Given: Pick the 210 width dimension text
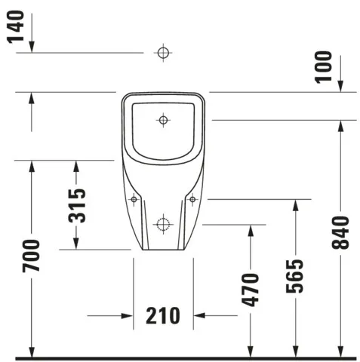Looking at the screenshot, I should (162, 315).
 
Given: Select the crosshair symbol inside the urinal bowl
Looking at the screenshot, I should (163, 119).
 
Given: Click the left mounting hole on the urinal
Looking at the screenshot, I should (134, 199).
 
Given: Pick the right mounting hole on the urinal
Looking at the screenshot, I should (192, 199).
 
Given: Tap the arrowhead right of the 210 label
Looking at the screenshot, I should (199, 315).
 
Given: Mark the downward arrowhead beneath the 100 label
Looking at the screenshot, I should (340, 87).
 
